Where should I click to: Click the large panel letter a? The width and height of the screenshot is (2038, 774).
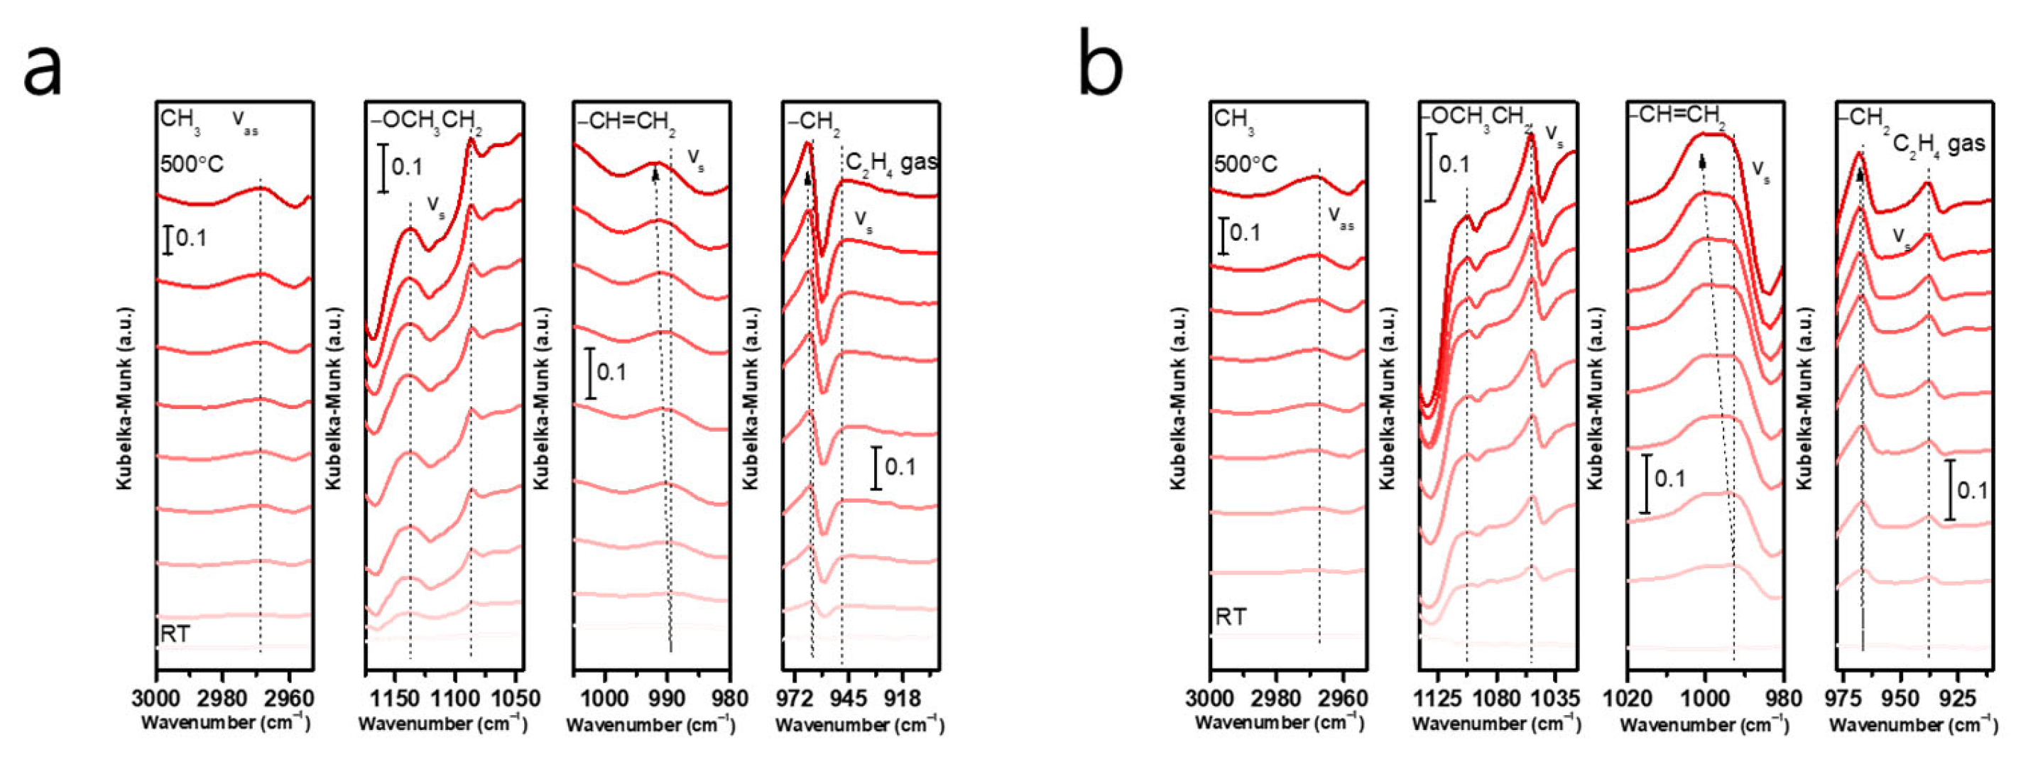coord(42,70)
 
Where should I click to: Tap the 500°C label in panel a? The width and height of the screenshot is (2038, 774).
coord(192,165)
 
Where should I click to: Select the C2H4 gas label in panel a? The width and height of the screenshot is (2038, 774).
coord(891,163)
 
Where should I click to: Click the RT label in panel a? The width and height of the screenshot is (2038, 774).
coord(175,634)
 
